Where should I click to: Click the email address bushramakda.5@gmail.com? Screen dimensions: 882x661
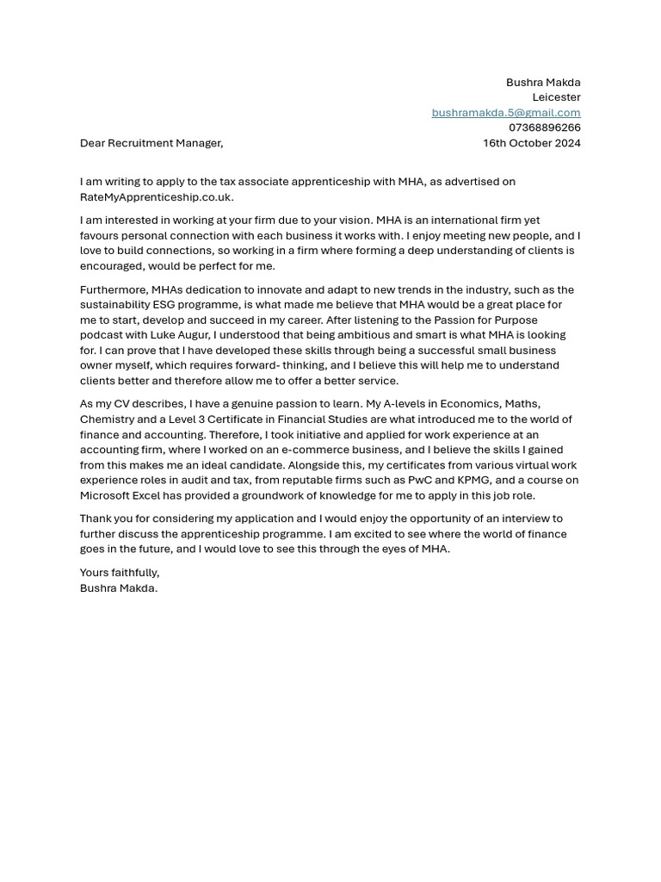pos(506,113)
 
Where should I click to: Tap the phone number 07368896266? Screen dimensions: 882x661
pos(544,127)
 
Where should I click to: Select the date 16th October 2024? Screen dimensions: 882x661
pos(531,143)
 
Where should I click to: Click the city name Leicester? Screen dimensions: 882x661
pos(556,97)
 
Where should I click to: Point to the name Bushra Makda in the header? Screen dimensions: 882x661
pos(543,83)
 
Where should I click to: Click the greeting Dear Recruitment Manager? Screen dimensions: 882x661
pos(151,143)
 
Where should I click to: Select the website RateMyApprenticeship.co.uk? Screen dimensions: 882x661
pos(156,197)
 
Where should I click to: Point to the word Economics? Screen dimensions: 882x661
pos(469,404)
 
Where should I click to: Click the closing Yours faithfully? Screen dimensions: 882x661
pos(120,573)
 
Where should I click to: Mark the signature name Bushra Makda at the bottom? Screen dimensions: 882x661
pos(118,588)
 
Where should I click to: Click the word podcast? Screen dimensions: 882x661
pos(102,335)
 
